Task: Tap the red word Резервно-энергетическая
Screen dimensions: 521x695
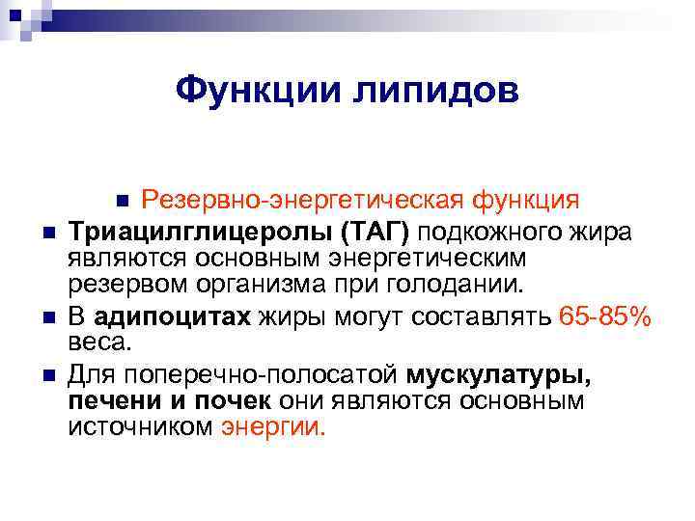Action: (304, 200)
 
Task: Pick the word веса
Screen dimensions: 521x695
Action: (97, 343)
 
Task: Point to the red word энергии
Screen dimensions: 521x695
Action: (274, 427)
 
